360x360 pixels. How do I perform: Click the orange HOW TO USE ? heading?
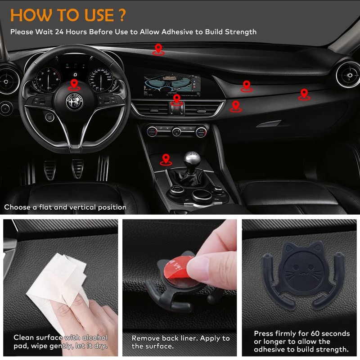[x=68, y=14]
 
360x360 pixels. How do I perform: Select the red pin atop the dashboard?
[x=158, y=49]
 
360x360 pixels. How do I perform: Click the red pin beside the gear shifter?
[x=166, y=158]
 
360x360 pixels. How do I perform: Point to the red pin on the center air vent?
[x=177, y=99]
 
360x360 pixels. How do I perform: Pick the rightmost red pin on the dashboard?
[x=304, y=94]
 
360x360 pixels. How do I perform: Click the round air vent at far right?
[x=348, y=74]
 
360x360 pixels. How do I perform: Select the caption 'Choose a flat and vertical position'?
[x=65, y=207]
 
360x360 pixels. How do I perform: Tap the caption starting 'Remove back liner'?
[x=180, y=342]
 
